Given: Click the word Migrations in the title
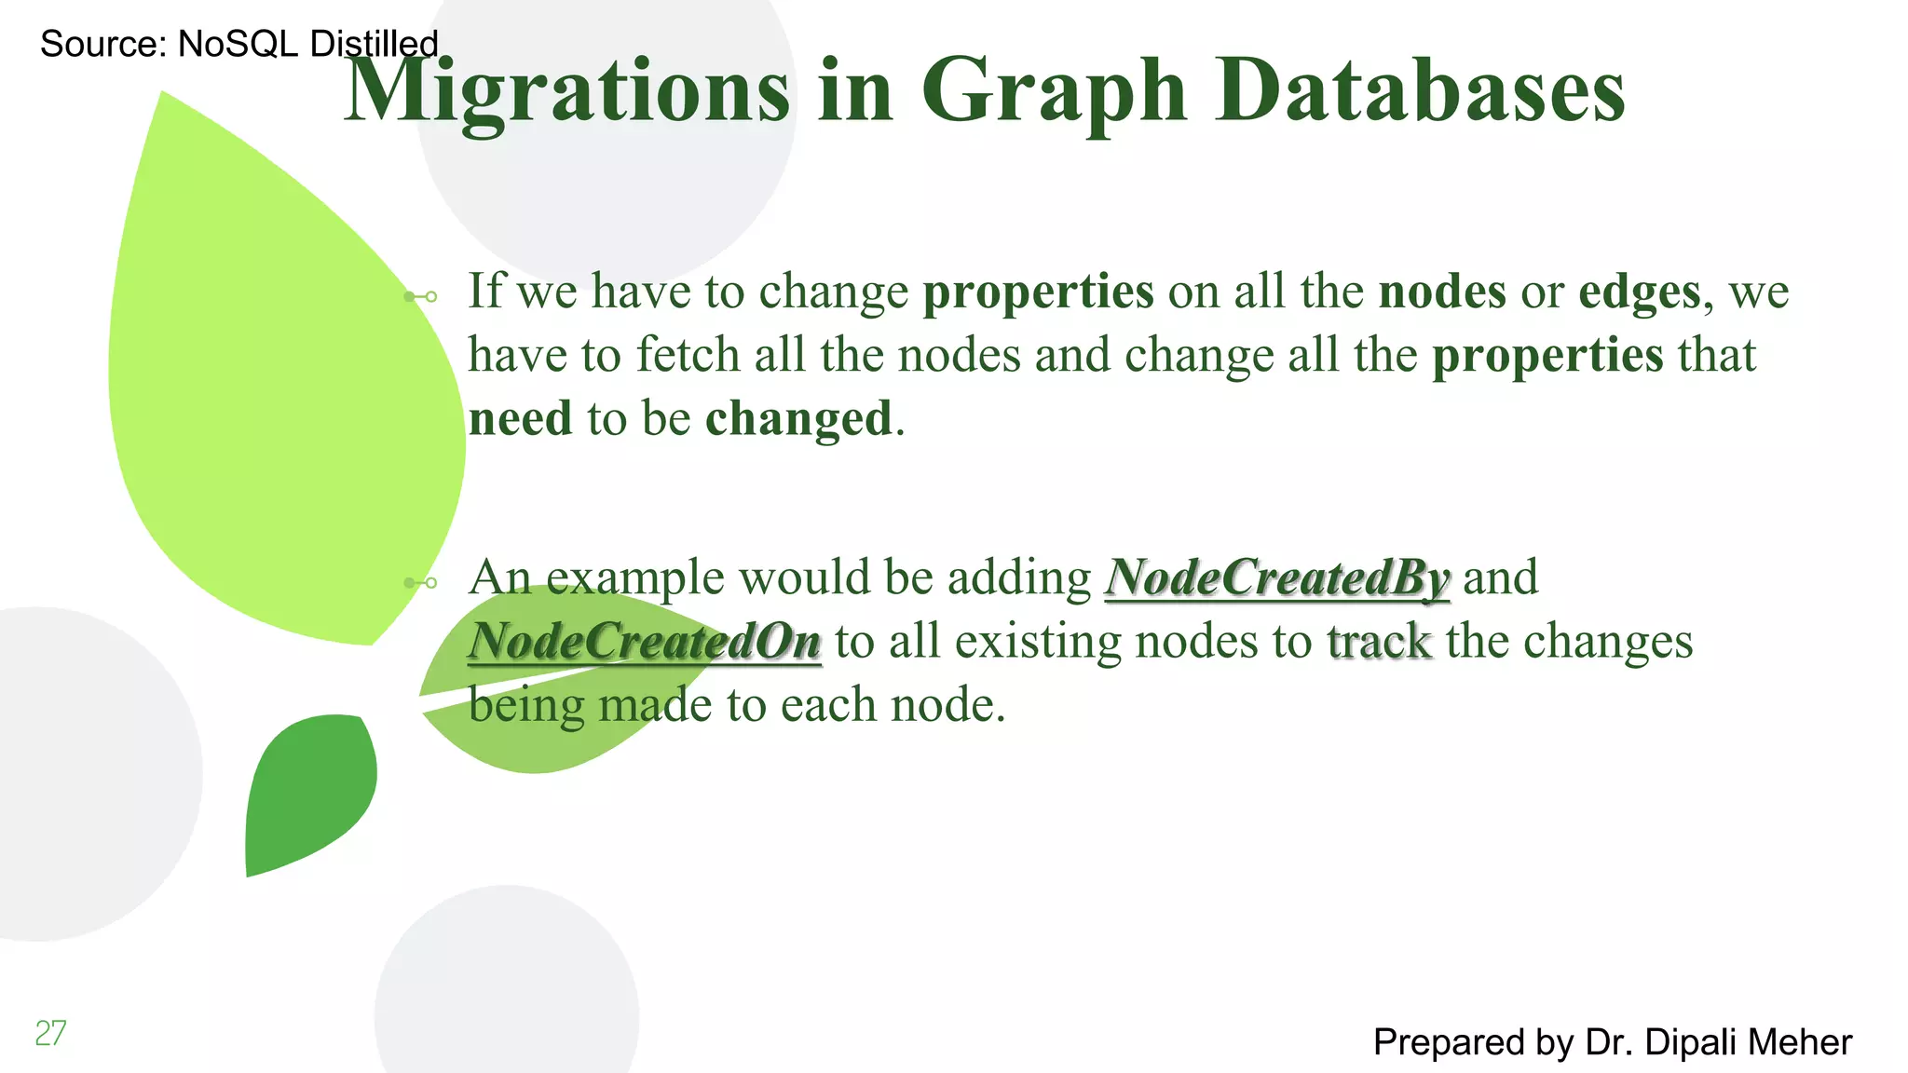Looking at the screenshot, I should pyautogui.click(x=568, y=91).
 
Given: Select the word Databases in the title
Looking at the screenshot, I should pyautogui.click(x=1420, y=91).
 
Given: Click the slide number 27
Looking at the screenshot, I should pyautogui.click(x=50, y=1033).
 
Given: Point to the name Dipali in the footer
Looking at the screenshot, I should pyautogui.click(x=1686, y=1042).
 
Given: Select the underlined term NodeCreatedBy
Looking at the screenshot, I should pyautogui.click(x=1276, y=577).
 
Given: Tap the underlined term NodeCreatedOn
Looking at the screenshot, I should pyautogui.click(x=645, y=642).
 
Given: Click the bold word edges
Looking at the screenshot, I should pyautogui.click(x=1640, y=292).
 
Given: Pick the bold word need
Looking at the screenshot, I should pyautogui.click(x=520, y=418).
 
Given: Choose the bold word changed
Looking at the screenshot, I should pyautogui.click(x=798, y=418).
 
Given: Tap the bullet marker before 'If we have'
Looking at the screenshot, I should pyautogui.click(x=421, y=297).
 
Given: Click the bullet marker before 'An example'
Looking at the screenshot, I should pyautogui.click(x=421, y=583).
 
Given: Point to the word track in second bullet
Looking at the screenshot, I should pyautogui.click(x=1379, y=642).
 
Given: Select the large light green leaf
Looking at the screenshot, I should pyautogui.click(x=279, y=391).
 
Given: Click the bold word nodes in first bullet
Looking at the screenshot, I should pyautogui.click(x=1441, y=292).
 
